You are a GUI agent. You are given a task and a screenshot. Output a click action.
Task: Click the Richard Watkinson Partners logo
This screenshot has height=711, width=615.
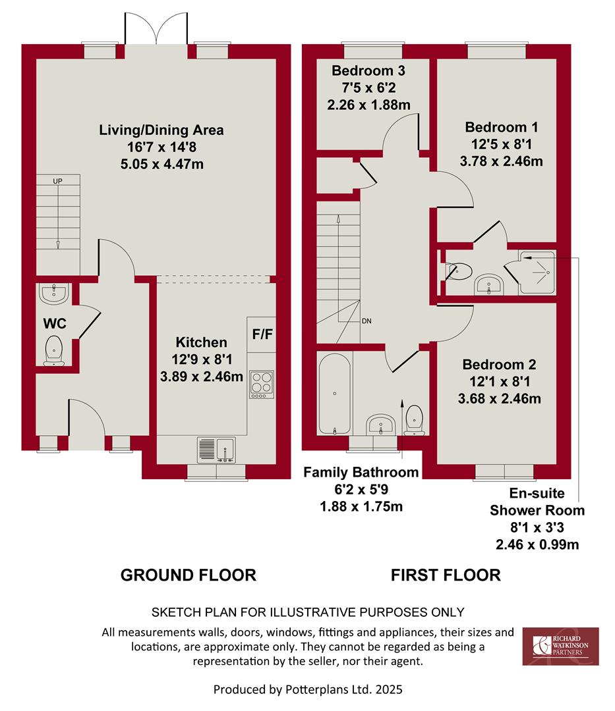560,646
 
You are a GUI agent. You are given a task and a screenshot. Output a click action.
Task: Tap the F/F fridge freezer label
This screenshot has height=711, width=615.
262,334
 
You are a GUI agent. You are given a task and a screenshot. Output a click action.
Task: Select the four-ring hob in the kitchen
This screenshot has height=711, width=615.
262,385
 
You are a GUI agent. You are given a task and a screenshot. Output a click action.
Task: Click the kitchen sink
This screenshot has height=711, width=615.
216,450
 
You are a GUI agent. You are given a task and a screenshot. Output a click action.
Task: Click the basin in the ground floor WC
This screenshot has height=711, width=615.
54,294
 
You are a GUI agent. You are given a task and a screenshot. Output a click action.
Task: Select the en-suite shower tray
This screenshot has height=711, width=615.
537,272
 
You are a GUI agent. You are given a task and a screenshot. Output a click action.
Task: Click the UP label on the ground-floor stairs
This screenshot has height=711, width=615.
57,181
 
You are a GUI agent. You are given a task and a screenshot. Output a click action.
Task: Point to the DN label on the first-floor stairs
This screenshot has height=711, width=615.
366,321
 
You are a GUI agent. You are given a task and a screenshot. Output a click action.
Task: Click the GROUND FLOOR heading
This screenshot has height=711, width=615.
189,575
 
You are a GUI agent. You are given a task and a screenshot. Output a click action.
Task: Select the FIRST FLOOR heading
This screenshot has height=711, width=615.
446,575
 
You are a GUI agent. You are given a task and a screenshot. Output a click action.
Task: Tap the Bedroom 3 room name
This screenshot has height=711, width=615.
368,70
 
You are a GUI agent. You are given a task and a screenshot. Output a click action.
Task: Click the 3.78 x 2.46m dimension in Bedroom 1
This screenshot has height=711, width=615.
501,161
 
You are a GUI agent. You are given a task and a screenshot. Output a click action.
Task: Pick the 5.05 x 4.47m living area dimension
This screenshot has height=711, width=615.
162,164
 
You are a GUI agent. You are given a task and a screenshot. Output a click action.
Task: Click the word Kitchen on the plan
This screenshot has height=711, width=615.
202,342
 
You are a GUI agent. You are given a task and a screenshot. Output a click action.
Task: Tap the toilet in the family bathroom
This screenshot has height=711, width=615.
414,420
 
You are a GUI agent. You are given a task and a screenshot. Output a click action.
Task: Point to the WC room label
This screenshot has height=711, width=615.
55,323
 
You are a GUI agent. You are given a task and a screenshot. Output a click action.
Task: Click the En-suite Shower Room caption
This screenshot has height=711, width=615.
537,502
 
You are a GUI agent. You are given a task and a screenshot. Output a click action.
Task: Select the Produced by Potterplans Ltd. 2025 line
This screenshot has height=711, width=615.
308,690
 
